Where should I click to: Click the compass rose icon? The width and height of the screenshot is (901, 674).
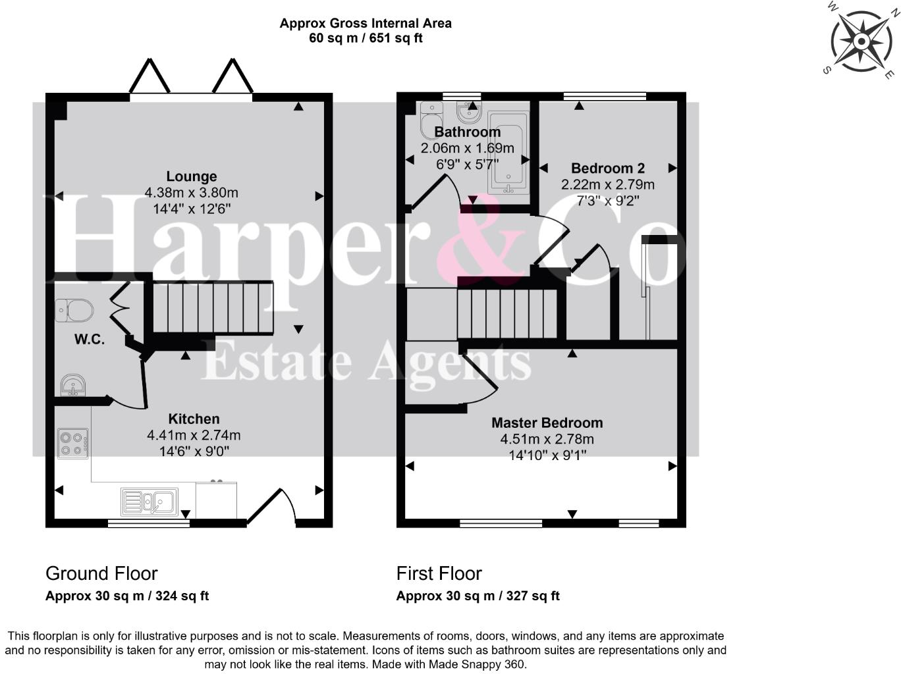(861, 41)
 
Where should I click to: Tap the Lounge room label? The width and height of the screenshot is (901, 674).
(191, 176)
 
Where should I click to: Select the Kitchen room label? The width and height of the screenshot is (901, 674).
(194, 419)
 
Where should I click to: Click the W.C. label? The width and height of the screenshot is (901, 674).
(89, 340)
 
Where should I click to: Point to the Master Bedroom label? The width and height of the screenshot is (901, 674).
(547, 423)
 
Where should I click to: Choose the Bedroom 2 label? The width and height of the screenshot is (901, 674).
(607, 168)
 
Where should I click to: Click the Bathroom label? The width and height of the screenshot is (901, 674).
(467, 132)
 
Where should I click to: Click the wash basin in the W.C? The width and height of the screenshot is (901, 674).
(72, 385)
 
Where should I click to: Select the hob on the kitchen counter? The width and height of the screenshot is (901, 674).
(73, 443)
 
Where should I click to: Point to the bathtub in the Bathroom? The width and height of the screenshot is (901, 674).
(508, 153)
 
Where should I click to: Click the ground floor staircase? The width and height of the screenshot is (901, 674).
(213, 308)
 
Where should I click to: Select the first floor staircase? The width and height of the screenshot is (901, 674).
(507, 313)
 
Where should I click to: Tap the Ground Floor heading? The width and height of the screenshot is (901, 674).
(101, 573)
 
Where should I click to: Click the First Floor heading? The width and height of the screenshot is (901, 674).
(439, 573)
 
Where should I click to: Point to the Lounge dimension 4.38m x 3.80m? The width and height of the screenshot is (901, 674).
(191, 193)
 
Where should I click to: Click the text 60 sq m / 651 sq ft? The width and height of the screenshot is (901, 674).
(366, 38)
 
